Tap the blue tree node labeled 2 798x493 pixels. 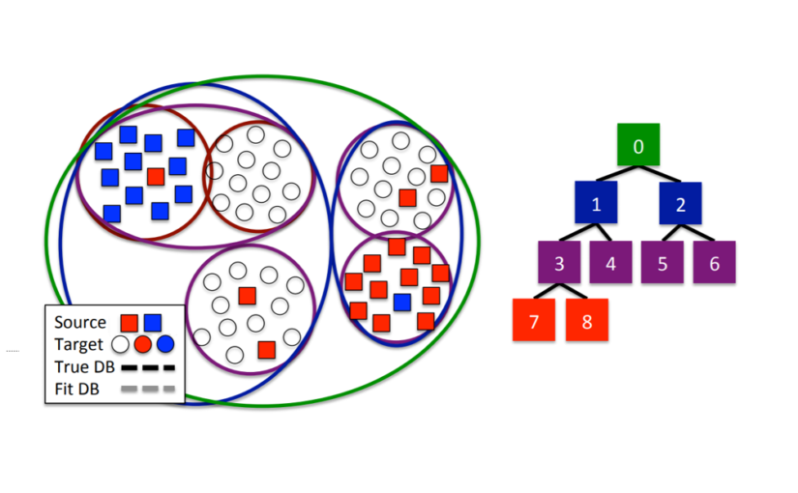pyautogui.click(x=681, y=204)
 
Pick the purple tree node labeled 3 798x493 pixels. pyautogui.click(x=559, y=263)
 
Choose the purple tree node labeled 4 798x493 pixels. pyautogui.click(x=611, y=263)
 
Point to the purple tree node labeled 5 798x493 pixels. pyautogui.click(x=662, y=263)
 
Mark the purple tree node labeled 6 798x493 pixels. pyautogui.click(x=714, y=263)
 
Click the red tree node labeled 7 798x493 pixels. pyautogui.click(x=534, y=320)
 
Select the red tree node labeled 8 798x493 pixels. pyautogui.click(x=587, y=320)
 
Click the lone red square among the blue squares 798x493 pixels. pyautogui.click(x=156, y=177)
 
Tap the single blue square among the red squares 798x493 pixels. pyautogui.click(x=401, y=302)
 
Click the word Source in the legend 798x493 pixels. pyautogui.click(x=79, y=323)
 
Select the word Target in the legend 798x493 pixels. pyautogui.click(x=78, y=344)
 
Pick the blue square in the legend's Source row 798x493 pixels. pyautogui.click(x=153, y=323)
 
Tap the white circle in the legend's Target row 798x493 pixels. pyautogui.click(x=121, y=344)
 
